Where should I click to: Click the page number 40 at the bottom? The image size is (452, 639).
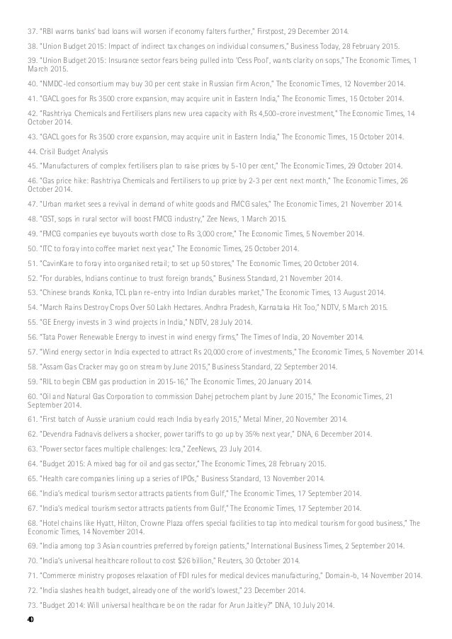coord(31,617)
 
